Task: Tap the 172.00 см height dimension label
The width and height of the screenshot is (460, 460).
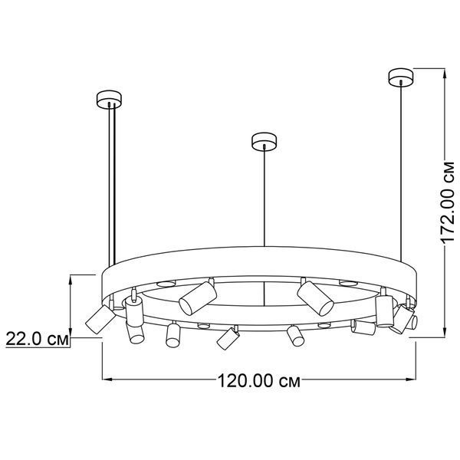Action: click(x=448, y=202)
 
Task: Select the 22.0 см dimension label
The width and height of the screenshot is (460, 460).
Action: click(x=38, y=339)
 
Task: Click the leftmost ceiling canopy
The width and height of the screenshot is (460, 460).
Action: click(x=109, y=99)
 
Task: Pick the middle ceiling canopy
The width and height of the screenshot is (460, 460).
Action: click(x=264, y=141)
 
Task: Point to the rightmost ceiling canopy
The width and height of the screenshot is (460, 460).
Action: click(x=401, y=77)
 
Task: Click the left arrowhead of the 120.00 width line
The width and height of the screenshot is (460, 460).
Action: click(x=107, y=379)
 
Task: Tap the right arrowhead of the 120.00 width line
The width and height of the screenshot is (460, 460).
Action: click(x=411, y=379)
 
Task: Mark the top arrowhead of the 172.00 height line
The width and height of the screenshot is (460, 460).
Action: click(x=445, y=74)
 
